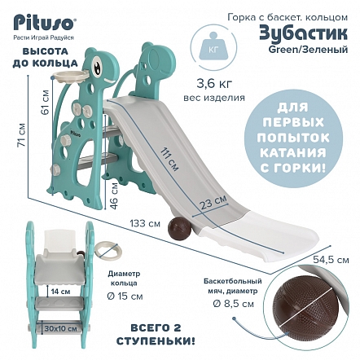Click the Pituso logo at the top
tap(43, 23)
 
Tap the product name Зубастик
tap(303, 34)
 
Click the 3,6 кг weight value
tap(214, 84)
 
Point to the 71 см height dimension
tap(21, 135)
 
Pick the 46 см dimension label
tap(114, 196)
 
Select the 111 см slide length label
tap(169, 160)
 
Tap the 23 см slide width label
tap(213, 203)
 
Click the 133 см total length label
tap(145, 224)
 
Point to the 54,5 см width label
tap(331, 260)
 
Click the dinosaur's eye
tap(97, 65)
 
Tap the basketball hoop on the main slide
tap(70, 76)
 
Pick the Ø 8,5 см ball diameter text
tap(233, 304)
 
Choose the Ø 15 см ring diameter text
tap(125, 296)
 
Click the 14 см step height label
tap(60, 292)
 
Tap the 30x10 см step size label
tap(61, 329)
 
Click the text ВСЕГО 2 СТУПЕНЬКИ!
tap(156, 334)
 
